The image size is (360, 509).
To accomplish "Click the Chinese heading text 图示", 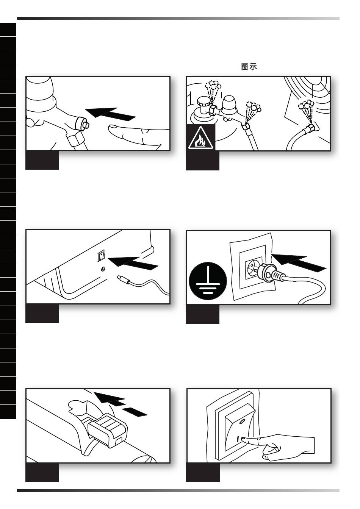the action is point(249,67).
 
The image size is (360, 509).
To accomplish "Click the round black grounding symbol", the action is point(208,281).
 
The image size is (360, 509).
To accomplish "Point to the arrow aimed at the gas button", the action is point(111,114).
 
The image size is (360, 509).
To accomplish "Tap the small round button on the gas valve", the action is point(86,125).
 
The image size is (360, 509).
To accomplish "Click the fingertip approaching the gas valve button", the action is point(112,129).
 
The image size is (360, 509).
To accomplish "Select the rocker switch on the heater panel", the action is point(101,256).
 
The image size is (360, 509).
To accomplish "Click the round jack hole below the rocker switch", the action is point(103,269).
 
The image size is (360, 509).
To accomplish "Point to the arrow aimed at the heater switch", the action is point(133,263).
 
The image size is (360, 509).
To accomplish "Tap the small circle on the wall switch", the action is point(242,422).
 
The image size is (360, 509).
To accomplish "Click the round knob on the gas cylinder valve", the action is point(203,101).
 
